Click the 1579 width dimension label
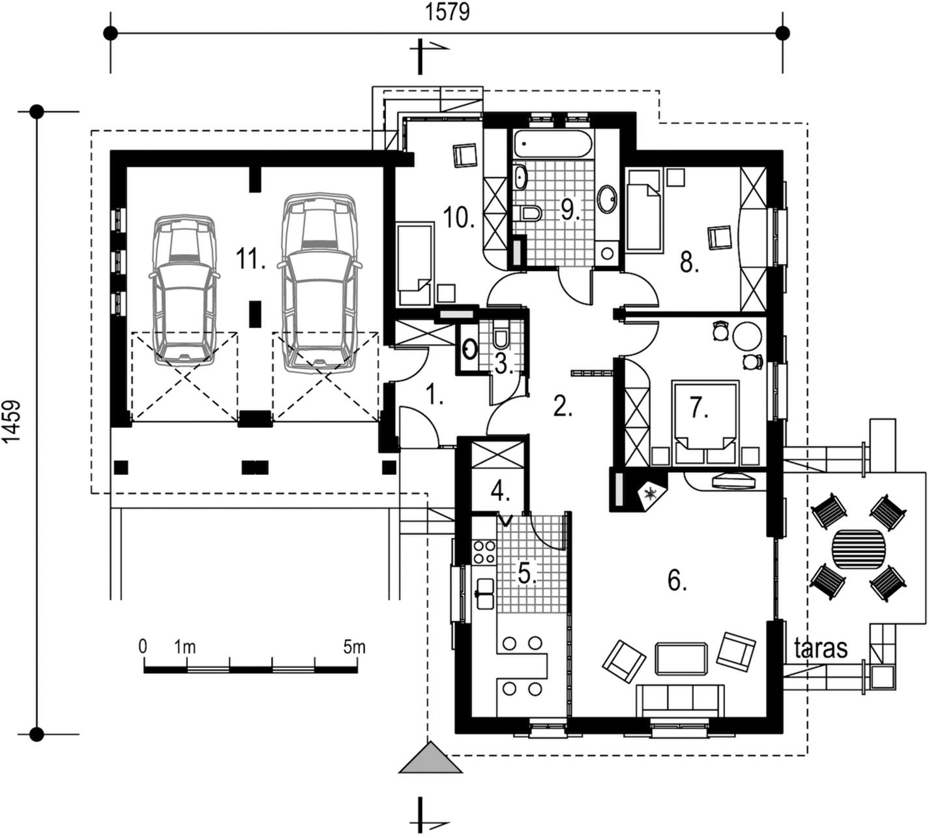(x=447, y=12)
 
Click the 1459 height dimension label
(x=12, y=421)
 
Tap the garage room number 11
(x=250, y=258)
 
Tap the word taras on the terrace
(x=821, y=648)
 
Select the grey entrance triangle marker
(x=431, y=758)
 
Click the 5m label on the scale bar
(x=354, y=647)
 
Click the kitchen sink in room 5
(x=485, y=593)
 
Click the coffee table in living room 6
(x=681, y=658)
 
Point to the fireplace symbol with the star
(x=651, y=494)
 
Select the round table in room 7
(x=746, y=337)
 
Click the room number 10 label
(x=458, y=217)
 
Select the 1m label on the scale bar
(x=184, y=647)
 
